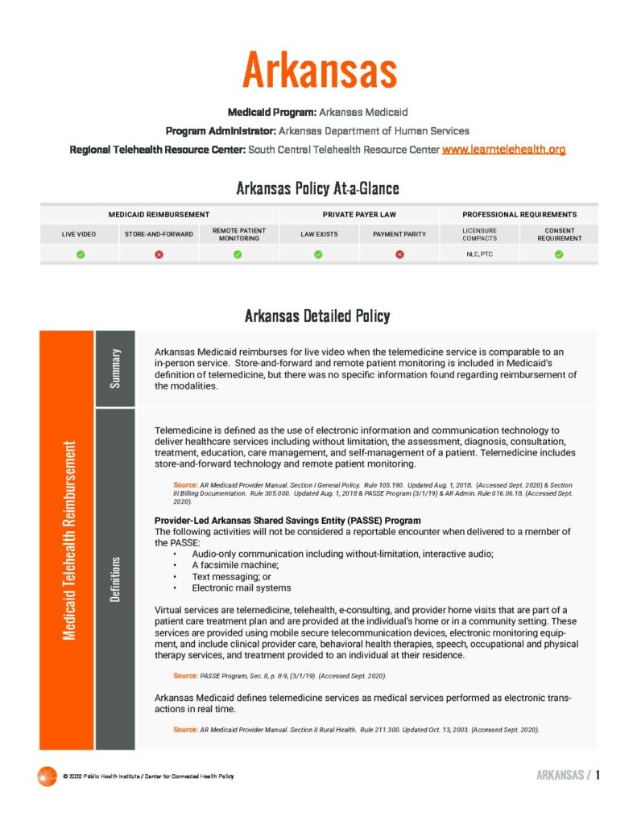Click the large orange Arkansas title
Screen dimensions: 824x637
click(319, 70)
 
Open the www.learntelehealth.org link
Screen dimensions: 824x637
click(503, 150)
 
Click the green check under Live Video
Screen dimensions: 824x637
click(80, 254)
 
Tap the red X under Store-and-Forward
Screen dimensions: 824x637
click(159, 254)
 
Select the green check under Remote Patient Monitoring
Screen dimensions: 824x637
click(238, 254)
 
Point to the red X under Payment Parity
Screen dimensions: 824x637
click(399, 254)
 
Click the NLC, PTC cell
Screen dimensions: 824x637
click(479, 254)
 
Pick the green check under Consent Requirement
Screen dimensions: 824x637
click(559, 254)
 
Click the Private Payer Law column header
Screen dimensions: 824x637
click(359, 215)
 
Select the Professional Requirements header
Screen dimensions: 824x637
click(519, 215)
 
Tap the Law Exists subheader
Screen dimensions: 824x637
click(319, 234)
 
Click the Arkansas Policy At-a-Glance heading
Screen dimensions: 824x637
click(317, 189)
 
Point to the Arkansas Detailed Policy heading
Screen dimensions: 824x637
click(317, 315)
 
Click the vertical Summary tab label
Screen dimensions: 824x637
click(115, 368)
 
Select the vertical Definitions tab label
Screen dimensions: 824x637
click(115, 579)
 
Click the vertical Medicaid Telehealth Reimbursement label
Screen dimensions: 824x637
click(69, 540)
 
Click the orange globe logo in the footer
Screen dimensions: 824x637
click(47, 776)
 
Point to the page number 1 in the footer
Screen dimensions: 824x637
click(598, 776)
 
